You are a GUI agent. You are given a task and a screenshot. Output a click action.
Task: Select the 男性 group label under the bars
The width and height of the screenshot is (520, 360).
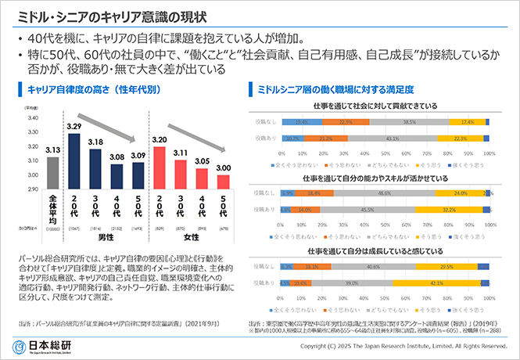pos(106,236)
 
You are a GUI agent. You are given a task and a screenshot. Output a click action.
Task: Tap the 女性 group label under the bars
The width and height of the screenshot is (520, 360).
pos(191,236)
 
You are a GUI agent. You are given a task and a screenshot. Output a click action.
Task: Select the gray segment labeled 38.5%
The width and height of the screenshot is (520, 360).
pos(409,122)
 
